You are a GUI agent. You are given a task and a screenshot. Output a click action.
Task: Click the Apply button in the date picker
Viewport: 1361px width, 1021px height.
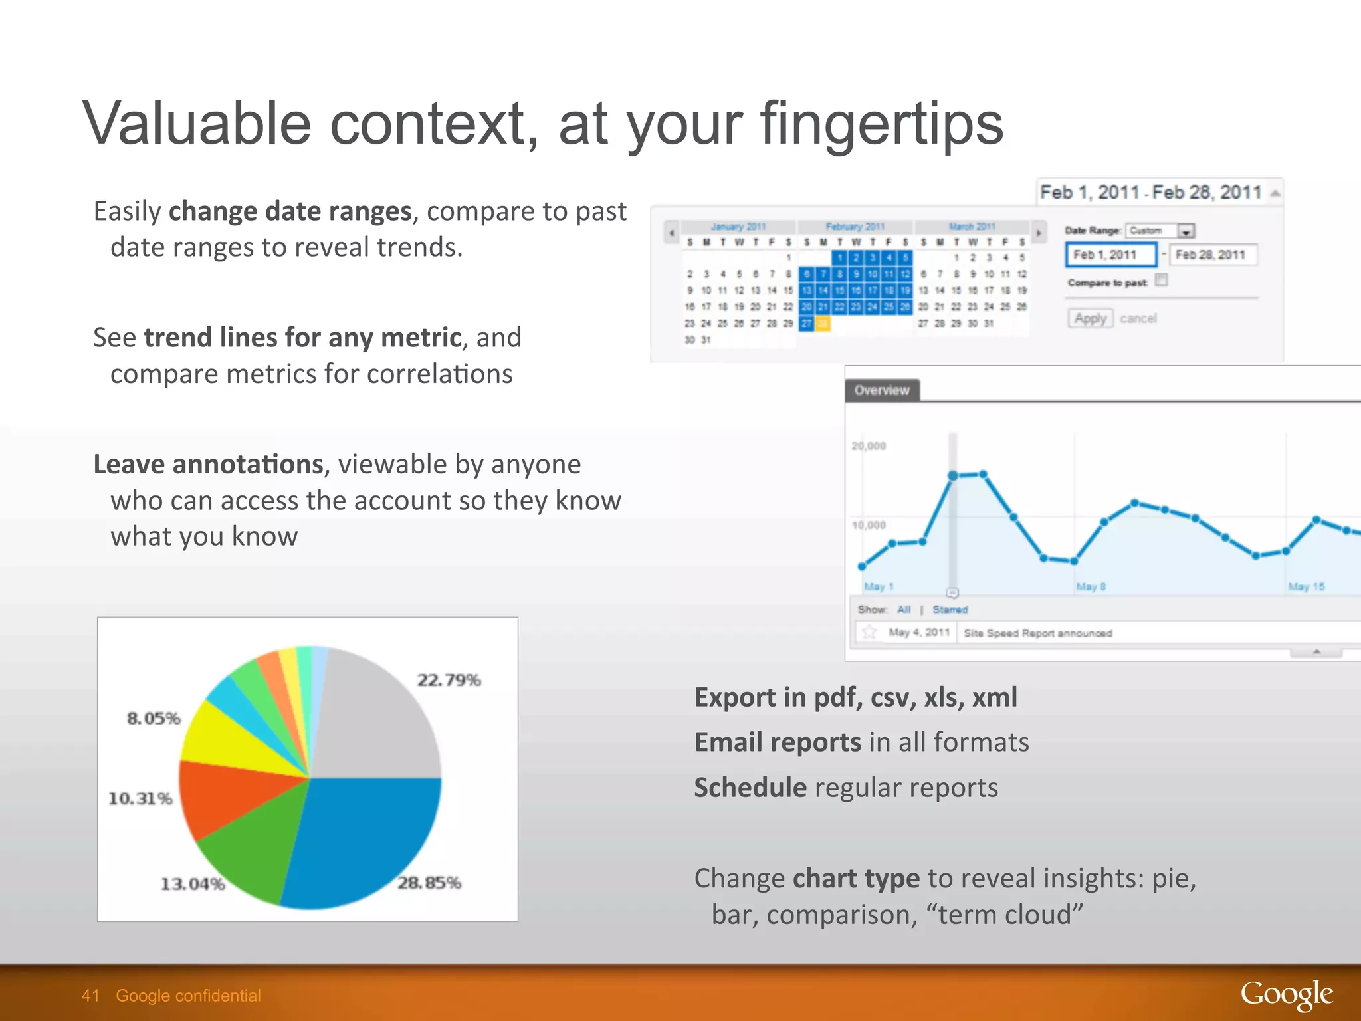(1090, 318)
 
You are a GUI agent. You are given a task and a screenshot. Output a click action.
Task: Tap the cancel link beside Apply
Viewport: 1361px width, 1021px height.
(1138, 318)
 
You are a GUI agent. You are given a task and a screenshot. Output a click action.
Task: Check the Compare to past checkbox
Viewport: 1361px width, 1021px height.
(1161, 280)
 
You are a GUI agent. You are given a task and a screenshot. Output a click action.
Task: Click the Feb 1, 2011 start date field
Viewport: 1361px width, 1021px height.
(1110, 255)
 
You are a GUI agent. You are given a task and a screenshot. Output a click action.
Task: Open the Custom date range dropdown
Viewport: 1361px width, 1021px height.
(1186, 231)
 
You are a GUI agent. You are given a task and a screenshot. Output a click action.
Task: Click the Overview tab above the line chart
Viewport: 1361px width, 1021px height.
(882, 390)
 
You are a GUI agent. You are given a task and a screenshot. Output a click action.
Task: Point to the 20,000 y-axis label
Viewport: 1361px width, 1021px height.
(869, 446)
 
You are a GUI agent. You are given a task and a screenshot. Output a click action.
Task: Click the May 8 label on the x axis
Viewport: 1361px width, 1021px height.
(1091, 586)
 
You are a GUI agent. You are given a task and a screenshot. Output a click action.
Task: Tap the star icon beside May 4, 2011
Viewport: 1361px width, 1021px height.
(869, 632)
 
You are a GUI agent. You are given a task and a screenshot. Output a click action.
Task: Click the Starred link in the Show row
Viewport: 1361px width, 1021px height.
(950, 609)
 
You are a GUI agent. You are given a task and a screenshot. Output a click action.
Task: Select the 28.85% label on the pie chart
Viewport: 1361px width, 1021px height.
(429, 883)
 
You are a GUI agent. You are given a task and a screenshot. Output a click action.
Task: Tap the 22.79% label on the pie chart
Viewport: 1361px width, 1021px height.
(449, 680)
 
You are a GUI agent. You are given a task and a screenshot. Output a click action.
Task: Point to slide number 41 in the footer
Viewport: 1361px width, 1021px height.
(90, 996)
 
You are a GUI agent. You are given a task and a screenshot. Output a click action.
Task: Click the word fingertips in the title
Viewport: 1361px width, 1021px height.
(881, 124)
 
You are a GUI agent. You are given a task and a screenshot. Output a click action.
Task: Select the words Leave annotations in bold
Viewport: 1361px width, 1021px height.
(208, 464)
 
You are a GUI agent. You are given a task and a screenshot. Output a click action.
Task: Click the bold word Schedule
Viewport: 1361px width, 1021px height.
(750, 788)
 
